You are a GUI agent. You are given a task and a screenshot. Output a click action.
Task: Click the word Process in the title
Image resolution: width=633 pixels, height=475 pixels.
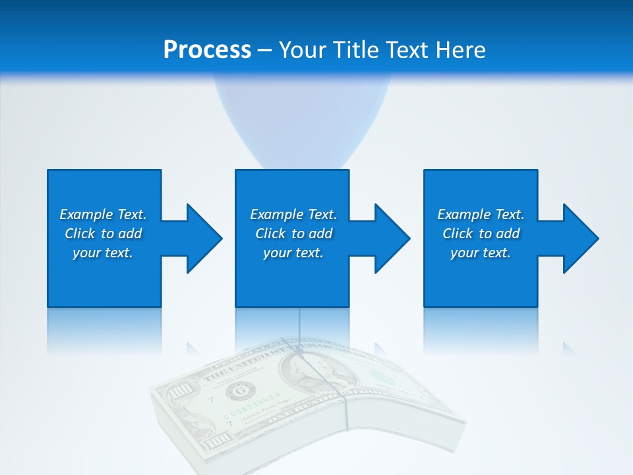click(207, 49)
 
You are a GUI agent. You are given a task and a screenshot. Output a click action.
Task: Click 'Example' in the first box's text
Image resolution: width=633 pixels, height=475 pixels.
click(86, 214)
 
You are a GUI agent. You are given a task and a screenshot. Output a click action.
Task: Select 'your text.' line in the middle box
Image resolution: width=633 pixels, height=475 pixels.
click(293, 253)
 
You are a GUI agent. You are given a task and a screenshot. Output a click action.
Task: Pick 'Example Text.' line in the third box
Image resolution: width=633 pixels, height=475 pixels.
click(481, 214)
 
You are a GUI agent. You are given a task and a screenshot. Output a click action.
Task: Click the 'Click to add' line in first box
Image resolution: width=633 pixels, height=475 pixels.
click(104, 234)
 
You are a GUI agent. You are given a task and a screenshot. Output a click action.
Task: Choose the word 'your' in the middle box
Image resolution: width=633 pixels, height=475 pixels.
click(276, 253)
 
